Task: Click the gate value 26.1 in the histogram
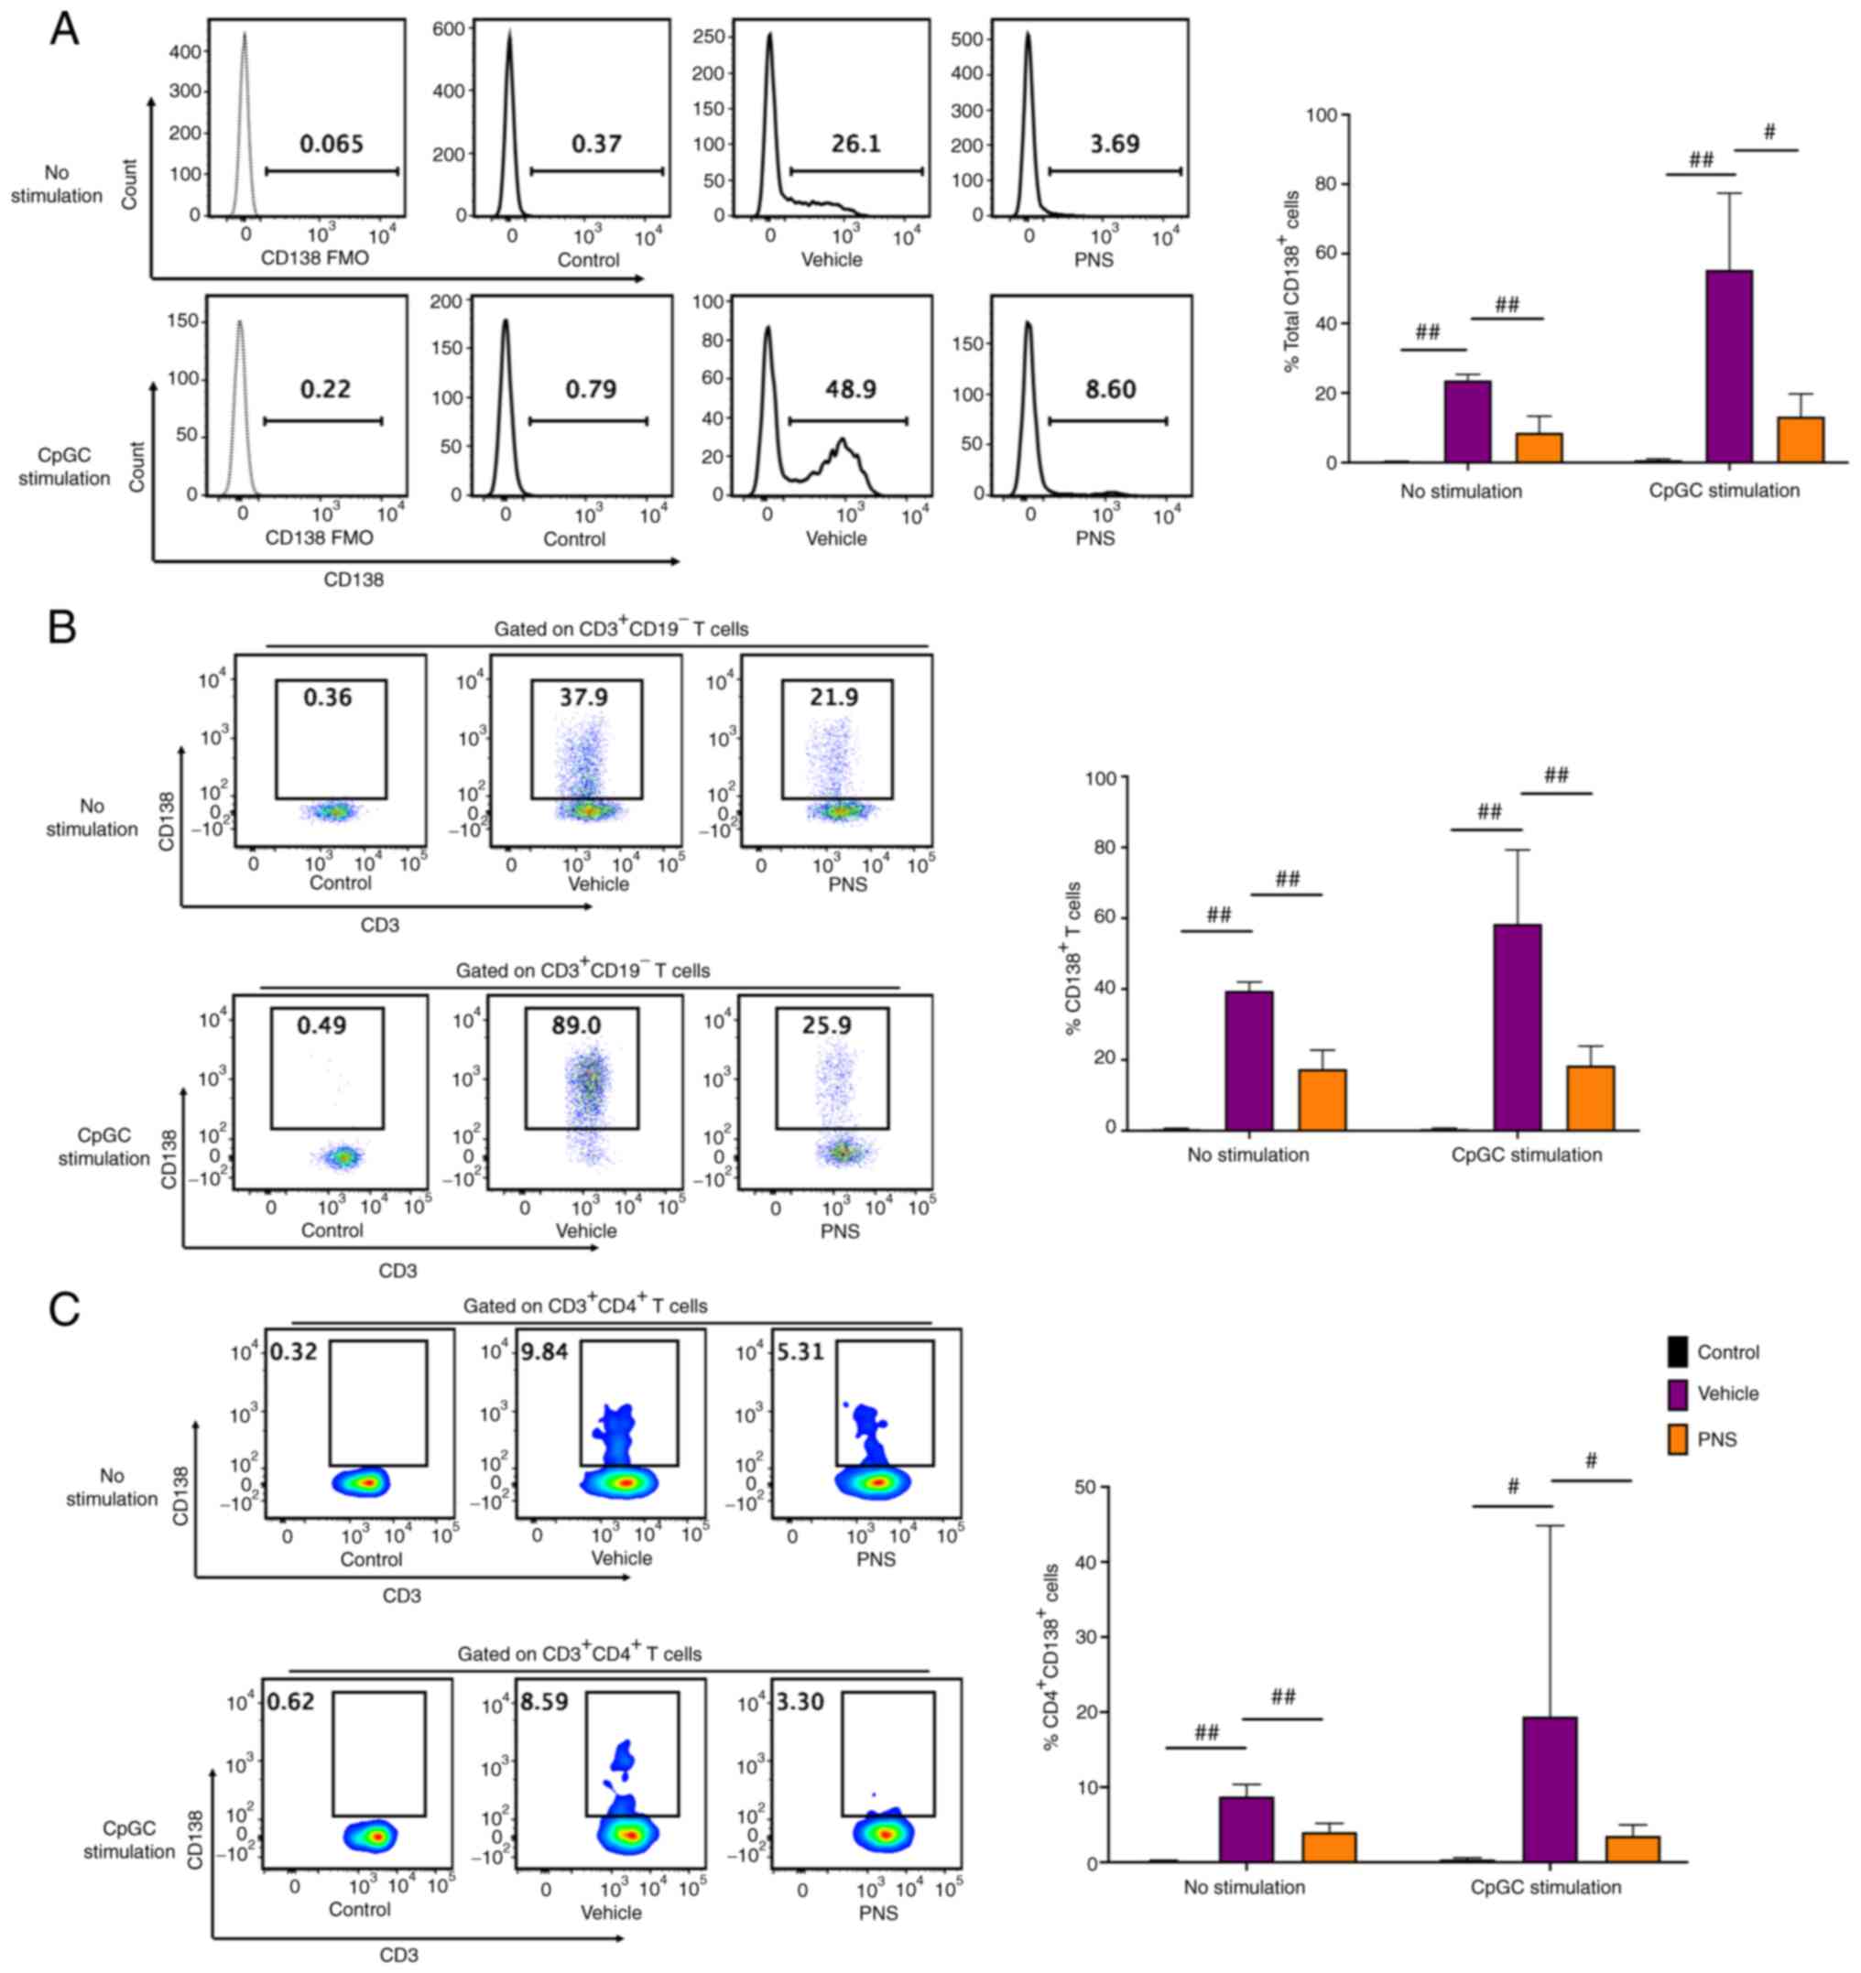tap(854, 144)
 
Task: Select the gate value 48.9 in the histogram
tap(851, 389)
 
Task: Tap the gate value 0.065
tap(332, 144)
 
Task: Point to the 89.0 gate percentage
tap(576, 1024)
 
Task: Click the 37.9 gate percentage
tap(582, 697)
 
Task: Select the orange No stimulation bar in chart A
tap(1539, 448)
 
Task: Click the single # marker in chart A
tap(1768, 132)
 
